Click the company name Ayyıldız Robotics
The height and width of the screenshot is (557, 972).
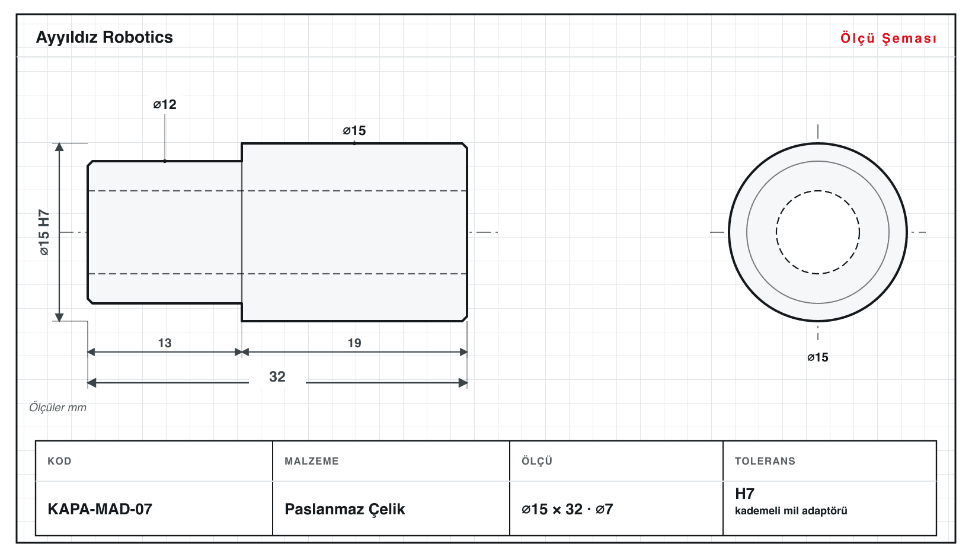tap(104, 37)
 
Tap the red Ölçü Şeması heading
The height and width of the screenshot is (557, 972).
tap(888, 38)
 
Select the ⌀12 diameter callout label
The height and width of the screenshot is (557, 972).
tap(165, 104)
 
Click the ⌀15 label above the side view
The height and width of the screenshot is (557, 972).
tap(354, 130)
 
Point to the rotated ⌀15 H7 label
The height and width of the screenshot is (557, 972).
tap(44, 232)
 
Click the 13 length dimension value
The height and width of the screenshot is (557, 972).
tap(165, 343)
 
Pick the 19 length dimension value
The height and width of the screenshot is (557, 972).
tap(354, 343)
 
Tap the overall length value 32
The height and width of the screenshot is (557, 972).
tap(277, 376)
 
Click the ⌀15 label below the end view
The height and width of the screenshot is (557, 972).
tap(818, 357)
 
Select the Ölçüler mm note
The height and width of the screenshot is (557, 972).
tap(57, 408)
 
